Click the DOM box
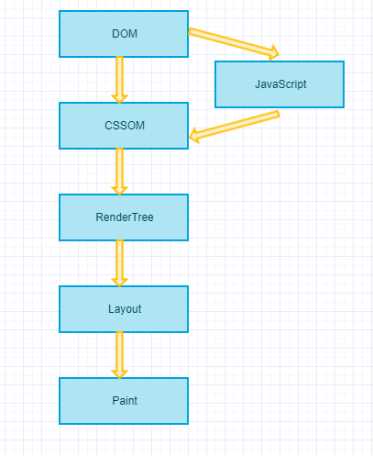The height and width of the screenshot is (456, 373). pyautogui.click(x=124, y=34)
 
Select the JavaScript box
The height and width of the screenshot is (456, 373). pyautogui.click(x=280, y=84)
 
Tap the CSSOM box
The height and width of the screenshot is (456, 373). pyautogui.click(x=124, y=126)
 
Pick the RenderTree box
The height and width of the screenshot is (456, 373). pyautogui.click(x=124, y=217)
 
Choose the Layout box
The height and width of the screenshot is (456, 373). pyautogui.click(x=124, y=309)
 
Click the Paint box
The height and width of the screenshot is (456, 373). pyautogui.click(x=124, y=401)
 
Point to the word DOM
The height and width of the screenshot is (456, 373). pyautogui.click(x=125, y=34)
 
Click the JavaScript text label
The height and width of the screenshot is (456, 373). pyautogui.click(x=280, y=84)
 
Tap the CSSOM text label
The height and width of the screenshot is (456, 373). pyautogui.click(x=125, y=126)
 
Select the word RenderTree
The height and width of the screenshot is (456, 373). pyautogui.click(x=125, y=217)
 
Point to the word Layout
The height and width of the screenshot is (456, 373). pyautogui.click(x=125, y=309)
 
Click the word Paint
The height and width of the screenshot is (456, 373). pyautogui.click(x=125, y=401)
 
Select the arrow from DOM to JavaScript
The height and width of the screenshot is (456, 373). pyautogui.click(x=234, y=43)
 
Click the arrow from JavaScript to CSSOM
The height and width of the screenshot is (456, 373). pyautogui.click(x=235, y=127)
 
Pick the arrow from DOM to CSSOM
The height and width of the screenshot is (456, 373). pyautogui.click(x=120, y=80)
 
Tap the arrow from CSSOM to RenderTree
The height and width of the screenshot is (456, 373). pyautogui.click(x=120, y=172)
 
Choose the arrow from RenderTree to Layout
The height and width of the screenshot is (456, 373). pyautogui.click(x=120, y=263)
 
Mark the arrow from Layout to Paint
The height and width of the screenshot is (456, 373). pyautogui.click(x=120, y=355)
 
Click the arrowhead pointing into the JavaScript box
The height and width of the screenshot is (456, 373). pyautogui.click(x=274, y=53)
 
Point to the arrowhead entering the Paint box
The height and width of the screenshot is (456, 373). pyautogui.click(x=120, y=373)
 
